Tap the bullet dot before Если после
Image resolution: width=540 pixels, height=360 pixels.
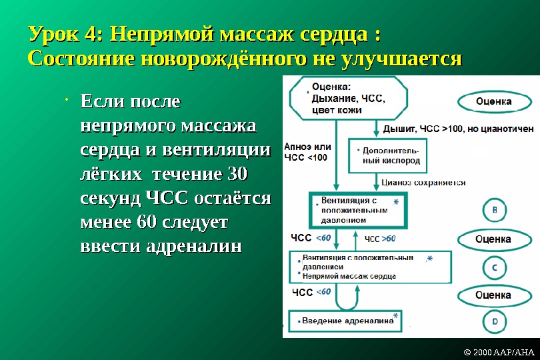tap(69, 101)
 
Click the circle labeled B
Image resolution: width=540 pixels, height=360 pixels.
tap(494, 210)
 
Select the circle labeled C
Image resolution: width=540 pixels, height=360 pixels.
tap(494, 267)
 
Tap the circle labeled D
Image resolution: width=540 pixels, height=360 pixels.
tap(494, 321)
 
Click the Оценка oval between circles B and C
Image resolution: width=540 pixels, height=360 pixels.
tap(493, 239)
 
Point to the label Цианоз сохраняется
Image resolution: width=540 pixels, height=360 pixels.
tap(423, 182)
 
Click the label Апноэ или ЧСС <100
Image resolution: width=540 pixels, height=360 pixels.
tap(307, 152)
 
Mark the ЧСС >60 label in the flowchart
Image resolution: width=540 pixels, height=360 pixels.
tap(380, 239)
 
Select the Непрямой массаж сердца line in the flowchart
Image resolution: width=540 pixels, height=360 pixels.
tap(349, 275)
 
